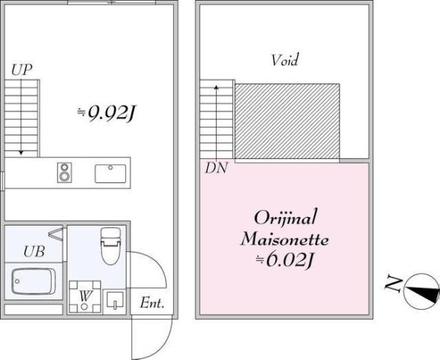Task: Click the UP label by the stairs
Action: click(22, 70)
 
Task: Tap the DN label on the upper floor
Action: click(216, 168)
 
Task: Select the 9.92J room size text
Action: click(106, 113)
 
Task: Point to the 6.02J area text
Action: click(284, 260)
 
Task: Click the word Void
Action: click(285, 60)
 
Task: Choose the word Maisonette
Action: click(285, 240)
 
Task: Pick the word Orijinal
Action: click(286, 217)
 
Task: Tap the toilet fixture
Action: click(110, 246)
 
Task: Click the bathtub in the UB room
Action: click(34, 281)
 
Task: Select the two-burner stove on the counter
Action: click(64, 172)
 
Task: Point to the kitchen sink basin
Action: click(110, 173)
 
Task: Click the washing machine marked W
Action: click(85, 297)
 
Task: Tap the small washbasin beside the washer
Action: click(115, 301)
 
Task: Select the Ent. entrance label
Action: click(152, 303)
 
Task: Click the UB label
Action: click(34, 251)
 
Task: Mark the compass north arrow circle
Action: click(421, 292)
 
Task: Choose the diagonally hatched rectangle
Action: click(287, 121)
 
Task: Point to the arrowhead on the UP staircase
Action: click(21, 152)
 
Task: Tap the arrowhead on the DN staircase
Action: click(216, 87)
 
